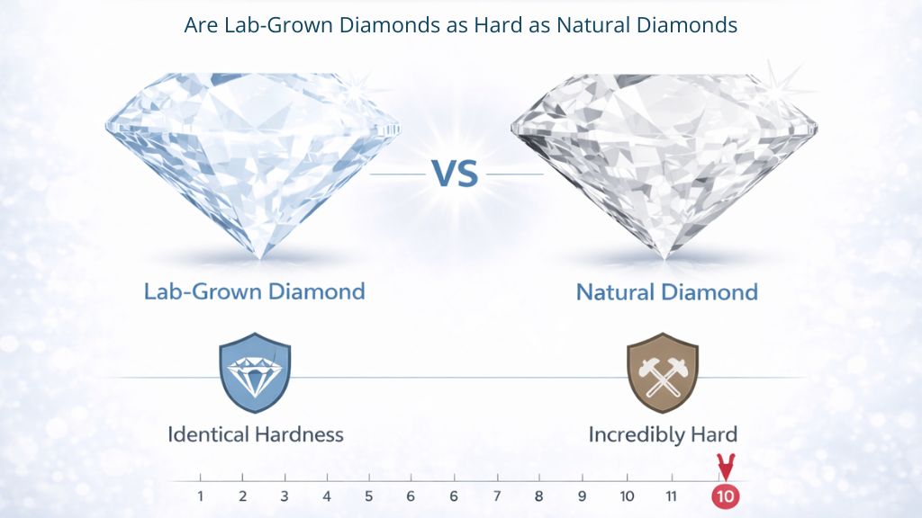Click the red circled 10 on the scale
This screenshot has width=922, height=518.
click(724, 496)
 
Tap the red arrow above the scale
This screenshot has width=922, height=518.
click(724, 468)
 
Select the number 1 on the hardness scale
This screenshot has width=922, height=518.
click(200, 496)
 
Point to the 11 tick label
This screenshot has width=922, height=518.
click(670, 496)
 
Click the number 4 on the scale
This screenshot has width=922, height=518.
click(326, 496)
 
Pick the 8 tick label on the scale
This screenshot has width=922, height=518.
click(538, 496)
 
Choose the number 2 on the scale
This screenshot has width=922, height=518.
click(243, 496)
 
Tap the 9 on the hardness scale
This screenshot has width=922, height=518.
click(582, 496)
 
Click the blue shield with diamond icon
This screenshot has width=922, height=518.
click(255, 371)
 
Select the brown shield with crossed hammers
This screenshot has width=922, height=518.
click(663, 371)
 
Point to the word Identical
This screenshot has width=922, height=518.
click(209, 434)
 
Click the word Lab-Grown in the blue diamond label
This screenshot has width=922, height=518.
click(203, 291)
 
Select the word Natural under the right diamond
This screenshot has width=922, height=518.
click(616, 292)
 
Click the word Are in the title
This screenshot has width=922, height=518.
click(200, 24)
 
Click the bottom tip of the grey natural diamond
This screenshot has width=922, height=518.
click(664, 255)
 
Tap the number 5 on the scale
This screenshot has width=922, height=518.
click(368, 496)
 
